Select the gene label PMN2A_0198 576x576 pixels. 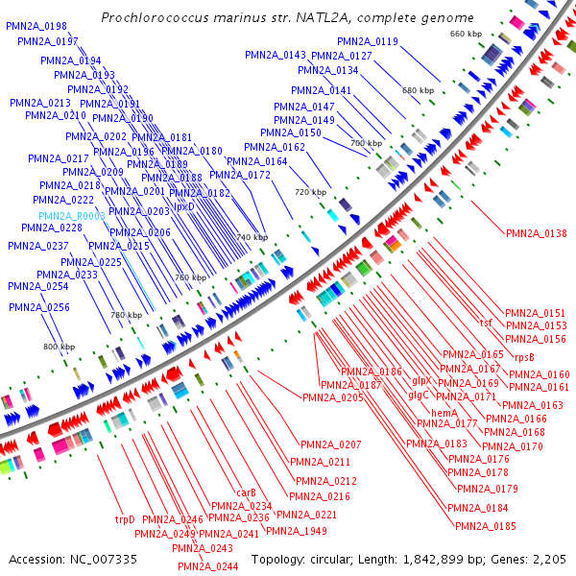[x=36, y=26]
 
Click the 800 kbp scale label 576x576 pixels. [x=60, y=347]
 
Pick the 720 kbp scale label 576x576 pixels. [x=310, y=192]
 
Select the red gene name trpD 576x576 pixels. [x=125, y=520]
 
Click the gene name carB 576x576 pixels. [x=246, y=492]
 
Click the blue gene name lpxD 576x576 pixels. [x=184, y=206]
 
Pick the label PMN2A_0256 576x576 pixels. [x=39, y=307]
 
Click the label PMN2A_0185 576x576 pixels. [x=486, y=526]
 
